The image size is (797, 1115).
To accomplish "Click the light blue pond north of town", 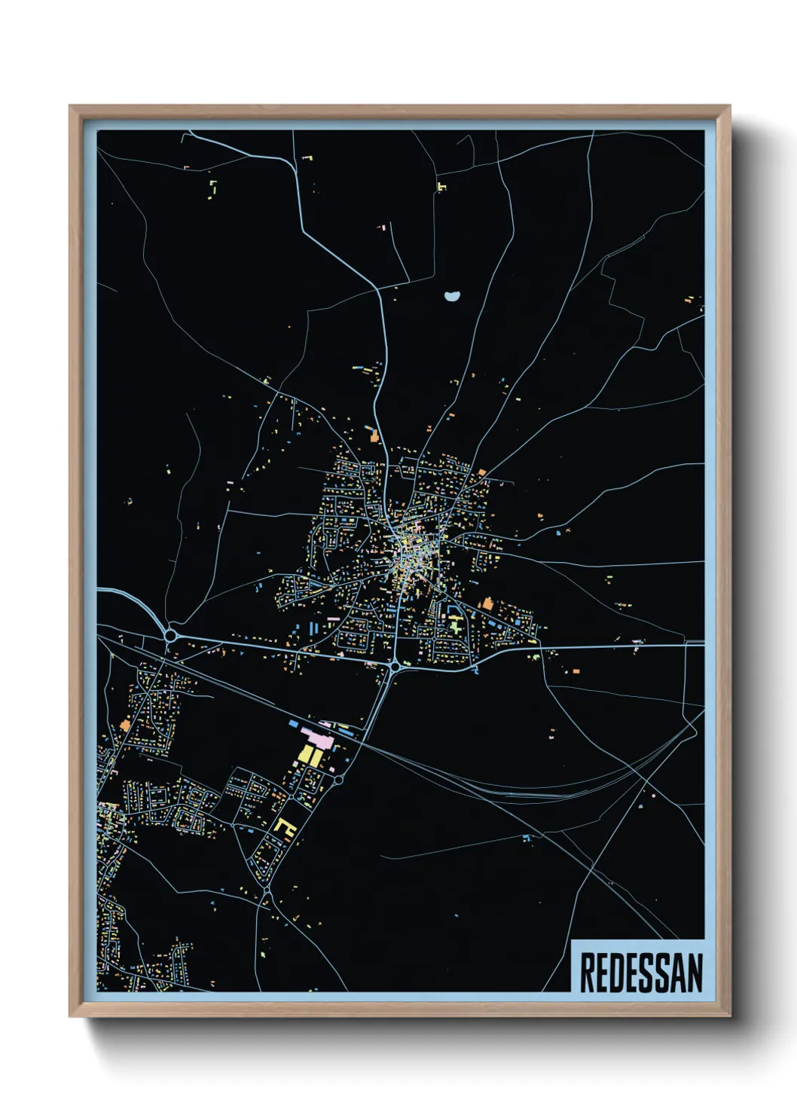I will point(451,296).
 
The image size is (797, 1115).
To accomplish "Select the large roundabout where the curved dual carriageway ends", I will point(171,636).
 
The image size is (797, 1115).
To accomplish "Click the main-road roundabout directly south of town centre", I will point(394,667).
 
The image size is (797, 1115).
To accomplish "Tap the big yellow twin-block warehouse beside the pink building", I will point(309,754).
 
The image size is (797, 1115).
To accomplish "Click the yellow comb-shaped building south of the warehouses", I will point(284,826).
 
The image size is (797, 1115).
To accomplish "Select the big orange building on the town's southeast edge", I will point(487,603).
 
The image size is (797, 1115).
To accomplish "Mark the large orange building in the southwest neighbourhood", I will point(125,726).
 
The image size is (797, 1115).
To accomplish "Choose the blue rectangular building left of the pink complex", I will point(293,724).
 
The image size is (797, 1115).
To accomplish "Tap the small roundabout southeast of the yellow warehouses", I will point(339,780).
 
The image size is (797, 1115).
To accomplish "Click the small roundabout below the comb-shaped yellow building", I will point(267,890).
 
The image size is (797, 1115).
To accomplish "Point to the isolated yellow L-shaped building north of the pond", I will point(441,185).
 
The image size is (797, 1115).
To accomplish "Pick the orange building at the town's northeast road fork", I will point(481,472).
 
